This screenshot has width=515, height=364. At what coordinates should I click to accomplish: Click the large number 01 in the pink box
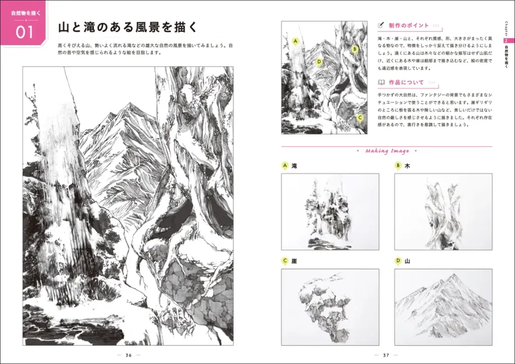pyautogui.click(x=24, y=32)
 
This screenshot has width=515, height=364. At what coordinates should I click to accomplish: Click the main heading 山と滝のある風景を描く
pyautogui.click(x=127, y=27)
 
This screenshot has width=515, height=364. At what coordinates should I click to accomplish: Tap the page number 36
pyautogui.click(x=128, y=355)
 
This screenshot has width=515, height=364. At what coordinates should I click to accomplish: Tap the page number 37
pyautogui.click(x=386, y=355)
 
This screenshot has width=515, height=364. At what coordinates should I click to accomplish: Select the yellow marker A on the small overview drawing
pyautogui.click(x=295, y=41)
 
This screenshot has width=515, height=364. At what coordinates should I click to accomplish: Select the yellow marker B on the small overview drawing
pyautogui.click(x=355, y=49)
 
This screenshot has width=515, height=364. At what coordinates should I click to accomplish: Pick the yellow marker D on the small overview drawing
pyautogui.click(x=319, y=62)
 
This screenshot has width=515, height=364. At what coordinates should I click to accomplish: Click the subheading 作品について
pyautogui.click(x=406, y=82)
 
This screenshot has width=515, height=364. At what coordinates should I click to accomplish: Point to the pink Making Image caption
pyautogui.click(x=387, y=151)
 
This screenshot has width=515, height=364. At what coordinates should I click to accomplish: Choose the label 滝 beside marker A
pyautogui.click(x=295, y=165)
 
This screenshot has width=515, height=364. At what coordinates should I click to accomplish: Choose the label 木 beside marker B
pyautogui.click(x=407, y=165)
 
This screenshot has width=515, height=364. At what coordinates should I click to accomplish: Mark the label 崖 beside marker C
pyautogui.click(x=295, y=261)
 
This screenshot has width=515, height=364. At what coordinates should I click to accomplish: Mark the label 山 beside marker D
pyautogui.click(x=407, y=261)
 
